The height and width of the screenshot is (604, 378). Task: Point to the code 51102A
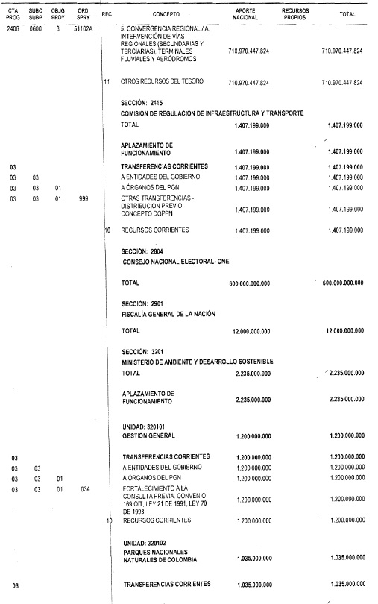(84, 28)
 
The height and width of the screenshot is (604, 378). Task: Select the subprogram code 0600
(35, 28)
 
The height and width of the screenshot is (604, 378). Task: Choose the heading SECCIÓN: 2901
(143, 304)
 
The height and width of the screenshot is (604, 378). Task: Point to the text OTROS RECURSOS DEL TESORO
(162, 82)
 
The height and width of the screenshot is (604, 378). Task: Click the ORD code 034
(84, 489)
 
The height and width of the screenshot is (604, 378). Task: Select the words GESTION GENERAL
(148, 435)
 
